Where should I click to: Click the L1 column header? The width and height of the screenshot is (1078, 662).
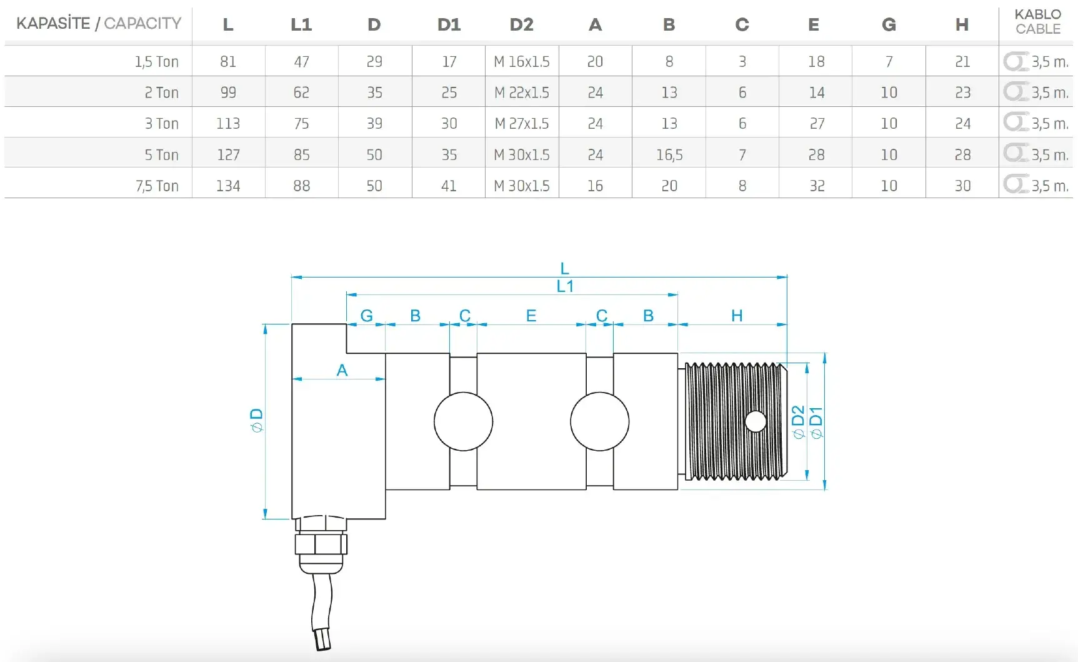(x=301, y=25)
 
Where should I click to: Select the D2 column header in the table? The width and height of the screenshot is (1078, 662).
(x=521, y=25)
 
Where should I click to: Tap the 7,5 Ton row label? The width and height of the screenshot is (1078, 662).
(x=157, y=186)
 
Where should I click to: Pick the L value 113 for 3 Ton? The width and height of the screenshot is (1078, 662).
(x=228, y=124)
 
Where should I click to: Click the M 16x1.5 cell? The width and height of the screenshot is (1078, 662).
(x=521, y=62)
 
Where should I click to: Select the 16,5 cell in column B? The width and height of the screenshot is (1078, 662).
(x=669, y=155)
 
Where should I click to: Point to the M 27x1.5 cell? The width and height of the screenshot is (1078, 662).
(x=521, y=124)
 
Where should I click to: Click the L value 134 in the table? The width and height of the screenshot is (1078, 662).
(x=228, y=186)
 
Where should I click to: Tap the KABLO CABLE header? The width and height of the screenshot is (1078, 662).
(x=1037, y=22)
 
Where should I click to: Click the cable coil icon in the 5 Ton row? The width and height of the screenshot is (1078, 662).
(x=1016, y=153)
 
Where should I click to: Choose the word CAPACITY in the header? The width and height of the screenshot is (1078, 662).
(x=142, y=24)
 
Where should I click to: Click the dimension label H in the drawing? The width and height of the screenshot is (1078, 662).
(x=737, y=316)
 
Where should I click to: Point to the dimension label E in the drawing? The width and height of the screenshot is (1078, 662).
(x=531, y=316)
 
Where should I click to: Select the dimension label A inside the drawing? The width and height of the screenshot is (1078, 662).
(x=342, y=370)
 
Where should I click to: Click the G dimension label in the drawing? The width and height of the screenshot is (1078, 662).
(x=367, y=316)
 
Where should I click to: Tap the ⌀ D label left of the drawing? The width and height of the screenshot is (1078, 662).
(x=257, y=420)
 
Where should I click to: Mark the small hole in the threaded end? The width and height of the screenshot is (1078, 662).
(x=756, y=422)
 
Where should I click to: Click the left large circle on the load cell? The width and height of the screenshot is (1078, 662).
(x=463, y=421)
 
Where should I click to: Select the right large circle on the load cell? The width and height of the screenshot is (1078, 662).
(x=599, y=421)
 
